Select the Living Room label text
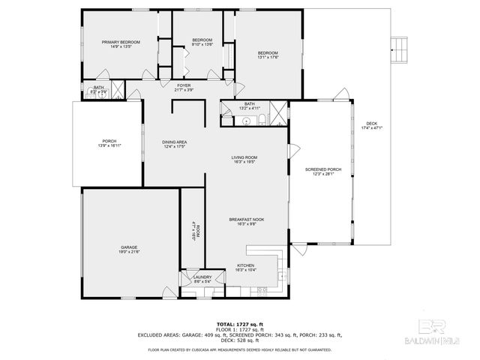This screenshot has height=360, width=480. coord(244,157)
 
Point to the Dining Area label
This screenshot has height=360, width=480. coord(175,142)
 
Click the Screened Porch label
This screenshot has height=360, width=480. coord(323,169)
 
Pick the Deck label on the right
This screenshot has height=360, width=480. coord(371,124)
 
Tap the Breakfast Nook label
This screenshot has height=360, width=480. coord(247,220)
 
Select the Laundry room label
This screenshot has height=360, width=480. coord(202,277)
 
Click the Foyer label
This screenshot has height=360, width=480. coord(184,85)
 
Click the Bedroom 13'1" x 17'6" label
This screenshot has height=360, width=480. coord(268,53)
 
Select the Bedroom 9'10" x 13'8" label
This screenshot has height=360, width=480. coord(202,40)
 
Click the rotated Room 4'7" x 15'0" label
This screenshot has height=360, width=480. coord(193,228)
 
